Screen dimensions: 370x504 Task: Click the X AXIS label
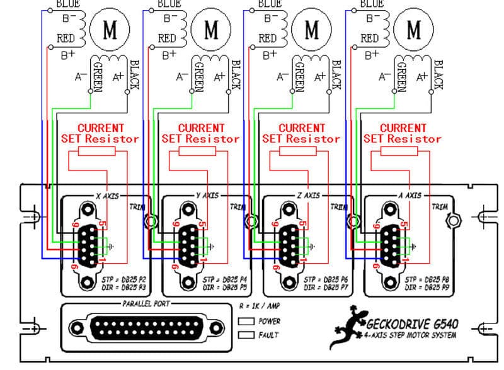pyautogui.click(x=107, y=196)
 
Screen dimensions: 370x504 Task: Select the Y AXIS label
pyautogui.click(x=209, y=196)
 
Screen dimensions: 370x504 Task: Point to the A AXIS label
pyautogui.click(x=409, y=196)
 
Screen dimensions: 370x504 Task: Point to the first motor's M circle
pyautogui.click(x=110, y=29)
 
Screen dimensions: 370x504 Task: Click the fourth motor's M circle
pyautogui.click(x=414, y=29)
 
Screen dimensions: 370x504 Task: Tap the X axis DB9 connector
pyautogui.click(x=89, y=243)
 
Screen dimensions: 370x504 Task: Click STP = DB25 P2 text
pyautogui.click(x=123, y=278)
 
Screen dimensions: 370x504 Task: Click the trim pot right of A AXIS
pyautogui.click(x=451, y=221)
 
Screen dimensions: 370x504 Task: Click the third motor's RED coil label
pyautogui.click(x=268, y=38)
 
